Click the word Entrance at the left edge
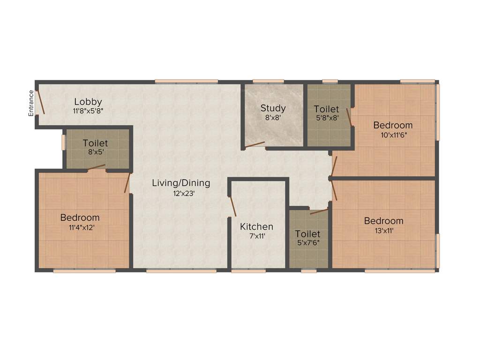click(31, 103)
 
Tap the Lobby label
click(88, 102)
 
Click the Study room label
click(273, 108)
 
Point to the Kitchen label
click(256, 227)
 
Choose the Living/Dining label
click(181, 183)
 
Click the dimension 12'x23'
click(181, 193)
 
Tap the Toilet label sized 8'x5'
click(95, 143)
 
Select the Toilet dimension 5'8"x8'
click(326, 118)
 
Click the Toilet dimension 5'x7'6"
click(307, 243)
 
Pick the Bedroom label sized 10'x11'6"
click(393, 125)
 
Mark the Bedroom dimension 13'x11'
click(383, 230)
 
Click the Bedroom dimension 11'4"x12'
click(80, 227)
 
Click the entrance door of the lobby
click(41, 102)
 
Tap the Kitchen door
click(232, 206)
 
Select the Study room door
click(255, 145)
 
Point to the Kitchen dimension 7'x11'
click(257, 236)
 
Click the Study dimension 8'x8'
click(273, 118)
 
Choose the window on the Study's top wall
click(268, 81)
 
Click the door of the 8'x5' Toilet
click(96, 167)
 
